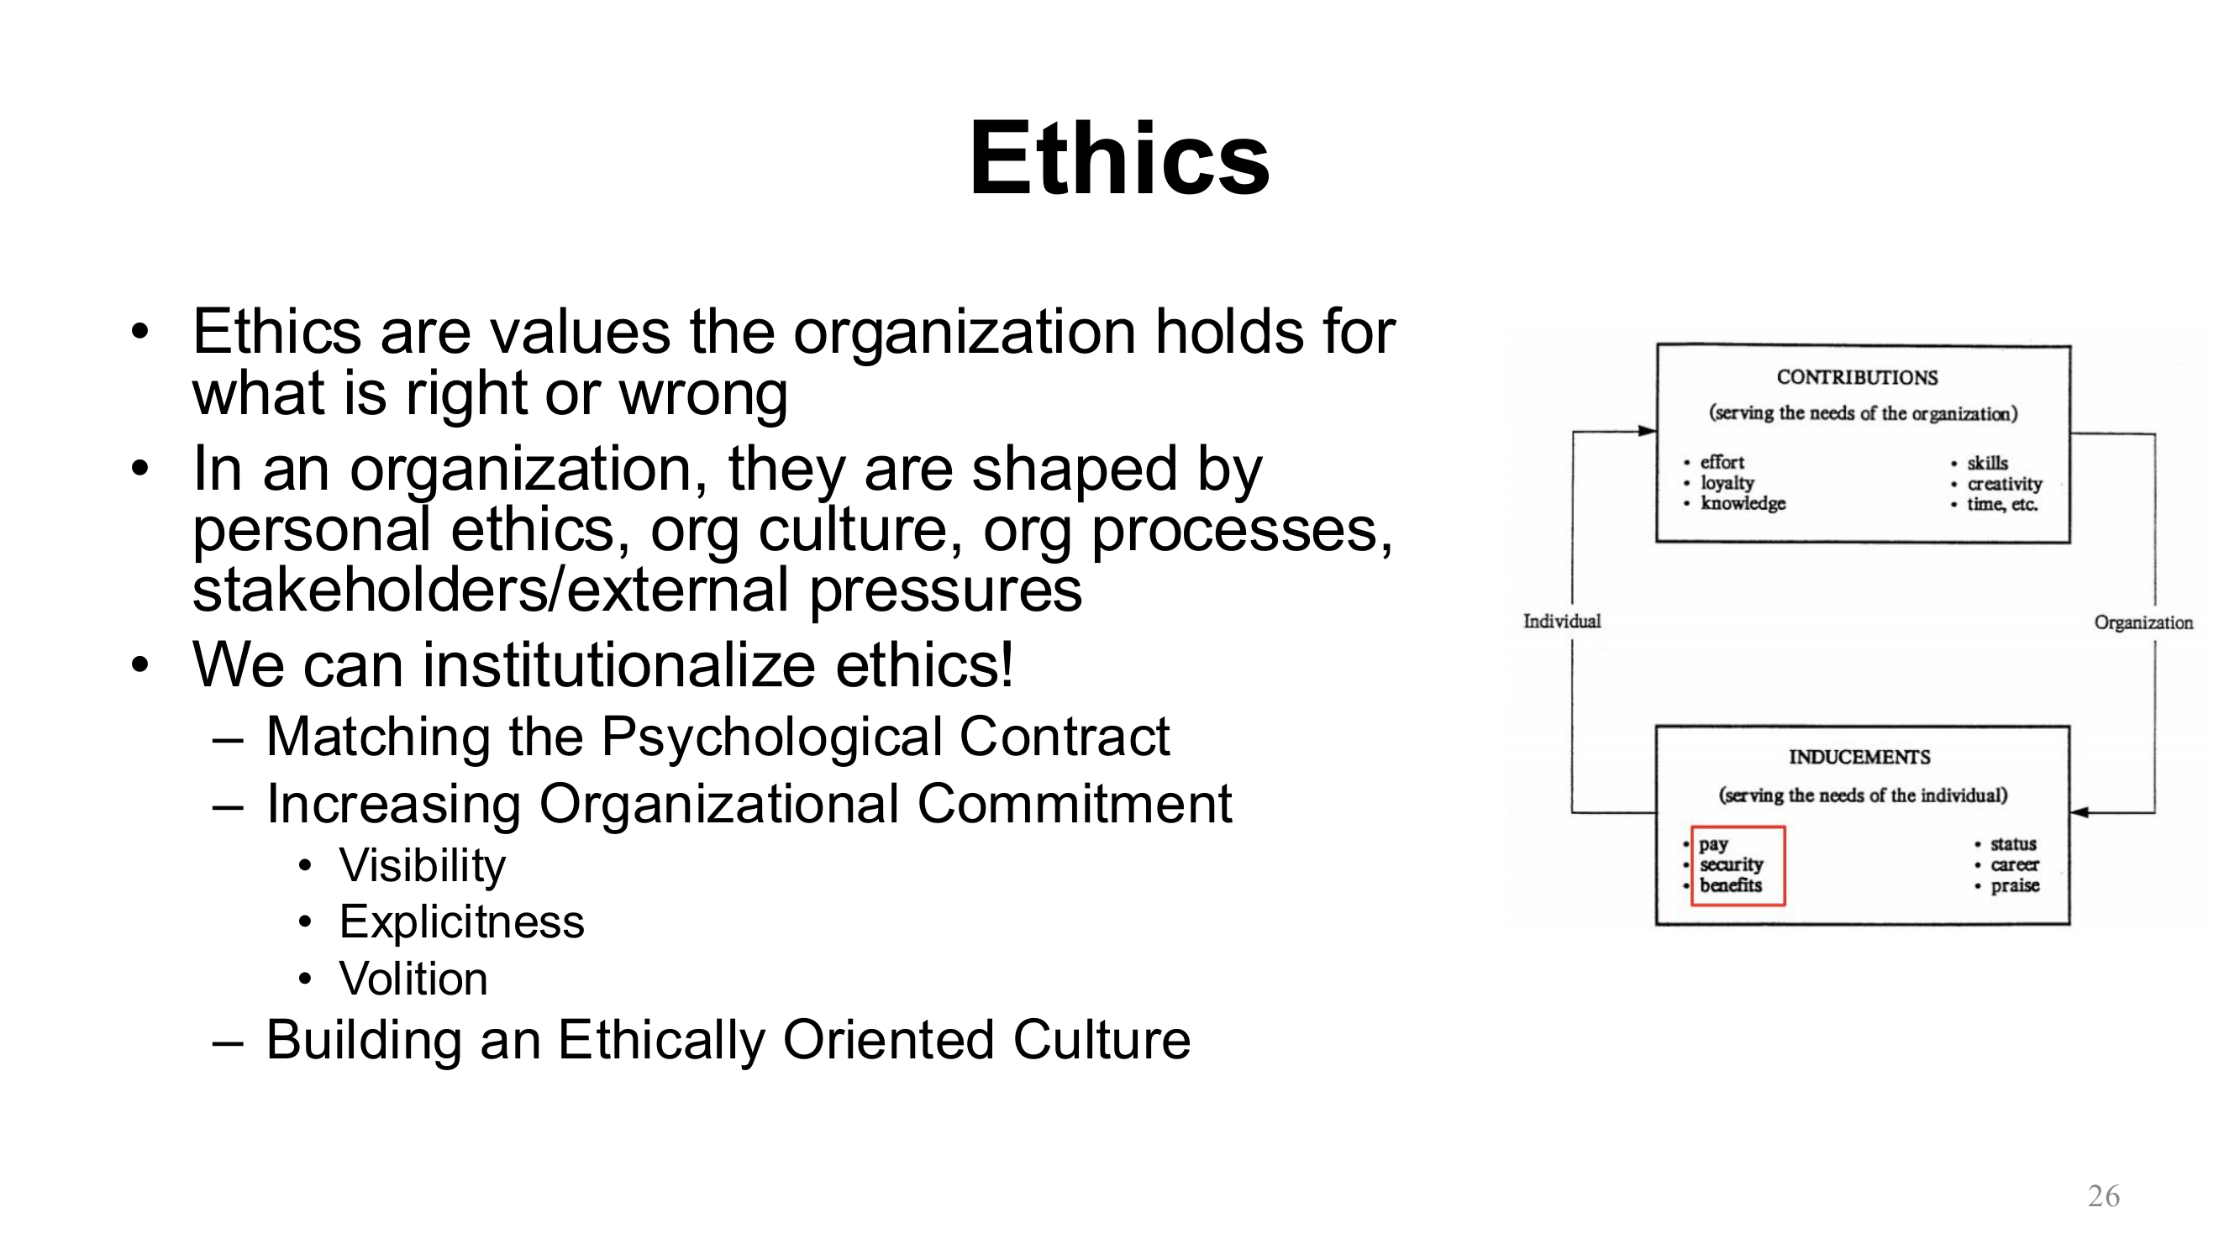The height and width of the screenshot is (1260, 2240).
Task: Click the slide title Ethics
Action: point(1119,159)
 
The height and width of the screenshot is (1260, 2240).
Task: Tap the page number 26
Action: point(2104,1195)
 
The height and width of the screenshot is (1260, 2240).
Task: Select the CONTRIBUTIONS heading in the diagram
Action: point(1857,377)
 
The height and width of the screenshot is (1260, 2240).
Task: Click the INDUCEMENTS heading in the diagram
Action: point(1859,758)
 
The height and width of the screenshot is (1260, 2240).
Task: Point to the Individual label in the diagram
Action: point(1562,621)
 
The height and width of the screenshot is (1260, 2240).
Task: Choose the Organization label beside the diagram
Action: point(2143,622)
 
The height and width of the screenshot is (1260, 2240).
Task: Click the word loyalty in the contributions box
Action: point(1727,484)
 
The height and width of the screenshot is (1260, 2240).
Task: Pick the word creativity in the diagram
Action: point(2005,485)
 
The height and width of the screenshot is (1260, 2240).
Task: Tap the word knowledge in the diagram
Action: point(1743,503)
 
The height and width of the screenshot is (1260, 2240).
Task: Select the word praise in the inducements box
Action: point(2015,886)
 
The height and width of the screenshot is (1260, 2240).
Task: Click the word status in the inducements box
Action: point(2013,844)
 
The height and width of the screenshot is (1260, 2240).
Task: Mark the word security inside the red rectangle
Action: point(1732,864)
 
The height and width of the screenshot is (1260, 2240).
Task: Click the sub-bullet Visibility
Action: point(422,865)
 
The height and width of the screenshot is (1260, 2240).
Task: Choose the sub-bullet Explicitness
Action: point(462,921)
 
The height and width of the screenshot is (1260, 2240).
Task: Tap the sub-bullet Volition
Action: point(413,979)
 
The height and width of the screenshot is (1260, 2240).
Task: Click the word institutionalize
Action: point(619,665)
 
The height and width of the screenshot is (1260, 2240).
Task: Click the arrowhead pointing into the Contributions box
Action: point(1647,430)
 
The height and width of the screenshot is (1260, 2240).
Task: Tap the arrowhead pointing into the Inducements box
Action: point(2080,812)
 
